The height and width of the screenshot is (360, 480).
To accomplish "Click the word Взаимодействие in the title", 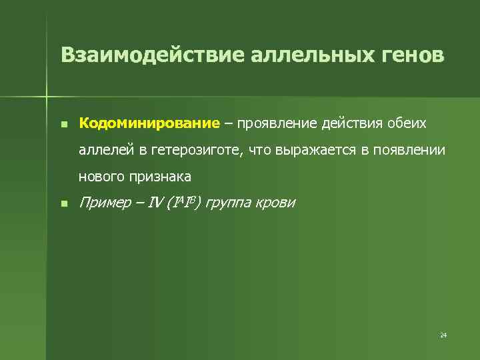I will tap(153, 55).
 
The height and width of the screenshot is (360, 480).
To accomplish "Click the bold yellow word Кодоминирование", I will tap(149, 124).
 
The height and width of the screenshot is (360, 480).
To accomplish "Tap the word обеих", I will tap(407, 124).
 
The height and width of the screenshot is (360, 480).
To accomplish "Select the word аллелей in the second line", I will tap(107, 151).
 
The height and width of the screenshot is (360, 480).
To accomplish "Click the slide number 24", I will tap(443, 334).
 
